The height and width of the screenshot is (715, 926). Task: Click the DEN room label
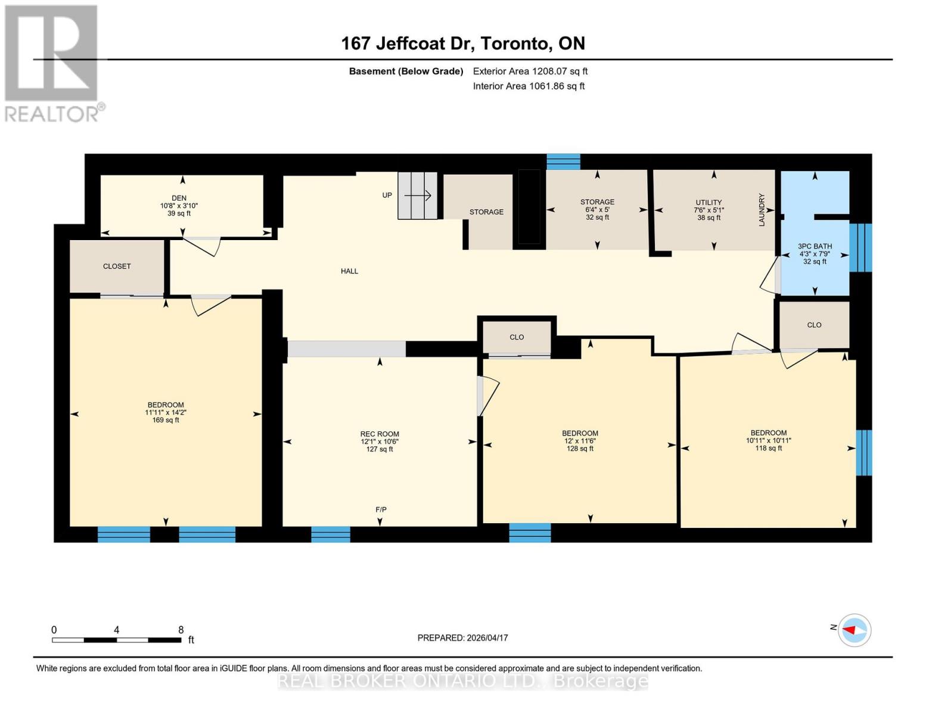179,198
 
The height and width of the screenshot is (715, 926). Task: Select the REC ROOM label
380,434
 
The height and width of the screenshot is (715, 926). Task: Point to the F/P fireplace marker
381,509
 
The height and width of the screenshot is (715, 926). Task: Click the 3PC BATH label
815,246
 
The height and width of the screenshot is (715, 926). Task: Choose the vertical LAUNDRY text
762,210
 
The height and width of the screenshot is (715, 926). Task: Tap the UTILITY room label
708,202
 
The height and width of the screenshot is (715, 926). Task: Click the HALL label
349,271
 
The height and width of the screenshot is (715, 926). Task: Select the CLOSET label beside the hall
117,266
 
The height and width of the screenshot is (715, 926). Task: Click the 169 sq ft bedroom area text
166,420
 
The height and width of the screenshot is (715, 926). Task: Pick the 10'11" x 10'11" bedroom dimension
768,440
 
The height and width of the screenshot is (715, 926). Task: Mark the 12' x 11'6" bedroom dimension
580,441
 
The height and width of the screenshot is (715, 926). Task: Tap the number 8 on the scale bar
181,630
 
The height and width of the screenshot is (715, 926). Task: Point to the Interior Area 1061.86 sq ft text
529,86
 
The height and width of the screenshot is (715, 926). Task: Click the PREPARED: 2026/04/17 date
462,638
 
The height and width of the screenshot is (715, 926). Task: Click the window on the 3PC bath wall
860,247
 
